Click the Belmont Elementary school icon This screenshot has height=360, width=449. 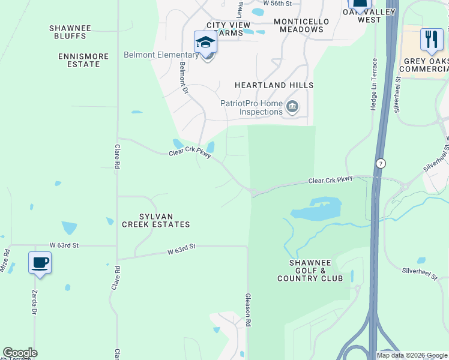point(205,43)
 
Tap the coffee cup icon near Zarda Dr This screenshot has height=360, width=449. point(40,263)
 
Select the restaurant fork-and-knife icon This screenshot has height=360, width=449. point(432,40)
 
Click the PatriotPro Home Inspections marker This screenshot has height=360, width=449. point(292,107)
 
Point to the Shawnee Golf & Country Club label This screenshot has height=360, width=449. point(310,270)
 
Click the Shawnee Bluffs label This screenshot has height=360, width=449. point(70,32)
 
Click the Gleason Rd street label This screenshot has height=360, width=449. point(247,310)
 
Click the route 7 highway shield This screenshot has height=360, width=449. point(381,163)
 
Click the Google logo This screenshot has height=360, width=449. point(20,353)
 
